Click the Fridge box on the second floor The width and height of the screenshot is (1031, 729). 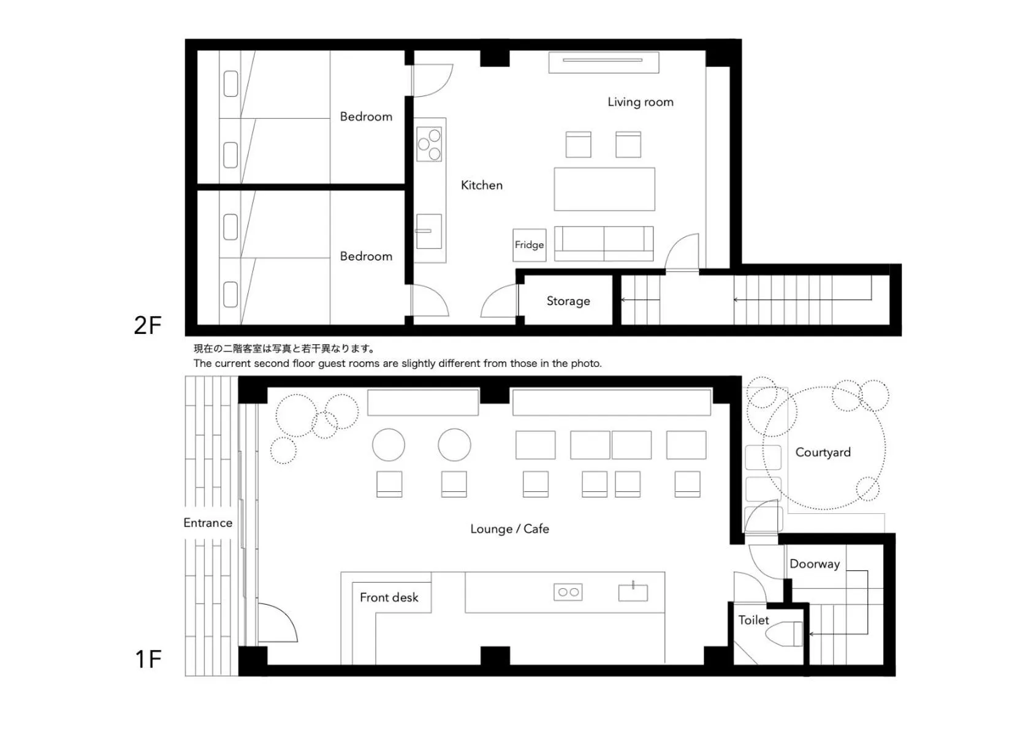click(529, 245)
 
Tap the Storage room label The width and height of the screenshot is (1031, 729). click(568, 301)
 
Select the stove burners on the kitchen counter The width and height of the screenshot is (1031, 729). click(429, 144)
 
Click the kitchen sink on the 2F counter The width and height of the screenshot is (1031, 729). click(429, 231)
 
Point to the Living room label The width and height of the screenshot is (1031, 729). click(640, 102)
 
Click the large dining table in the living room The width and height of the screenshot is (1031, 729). click(604, 189)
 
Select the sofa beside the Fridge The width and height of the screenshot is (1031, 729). click(604, 243)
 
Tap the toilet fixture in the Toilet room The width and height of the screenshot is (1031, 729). click(784, 633)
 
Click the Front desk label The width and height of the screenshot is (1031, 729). click(389, 597)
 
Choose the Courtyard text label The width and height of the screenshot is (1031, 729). click(823, 453)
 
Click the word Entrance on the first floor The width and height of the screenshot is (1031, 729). click(208, 523)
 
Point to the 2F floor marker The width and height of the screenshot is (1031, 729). click(148, 325)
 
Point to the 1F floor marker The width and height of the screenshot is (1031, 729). click(148, 660)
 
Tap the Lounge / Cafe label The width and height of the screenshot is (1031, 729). click(509, 529)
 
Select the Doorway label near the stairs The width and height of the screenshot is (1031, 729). click(814, 564)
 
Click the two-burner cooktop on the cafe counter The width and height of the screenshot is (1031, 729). click(568, 592)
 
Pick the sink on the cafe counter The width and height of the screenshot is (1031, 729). click(633, 592)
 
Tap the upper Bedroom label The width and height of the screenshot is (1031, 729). click(366, 117)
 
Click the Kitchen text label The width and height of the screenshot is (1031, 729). click(481, 186)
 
